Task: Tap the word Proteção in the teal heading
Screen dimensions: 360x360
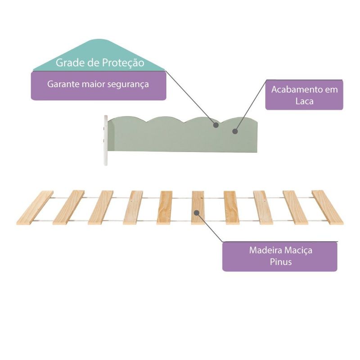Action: click(123, 63)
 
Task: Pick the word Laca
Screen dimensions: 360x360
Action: click(304, 101)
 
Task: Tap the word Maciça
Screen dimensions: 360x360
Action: click(298, 251)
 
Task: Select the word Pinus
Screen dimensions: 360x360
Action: click(280, 262)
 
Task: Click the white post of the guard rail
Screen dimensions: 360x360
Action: click(106, 140)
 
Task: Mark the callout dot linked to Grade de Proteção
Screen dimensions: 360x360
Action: click(216, 126)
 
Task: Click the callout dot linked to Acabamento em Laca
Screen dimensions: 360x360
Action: click(234, 131)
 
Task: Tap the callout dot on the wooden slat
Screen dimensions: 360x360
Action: click(196, 212)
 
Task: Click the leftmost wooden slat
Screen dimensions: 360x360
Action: click(35, 207)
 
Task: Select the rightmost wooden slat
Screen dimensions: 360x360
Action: click(328, 207)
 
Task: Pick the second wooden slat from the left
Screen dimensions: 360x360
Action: click(69, 207)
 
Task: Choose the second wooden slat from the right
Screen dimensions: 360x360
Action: click(296, 207)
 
